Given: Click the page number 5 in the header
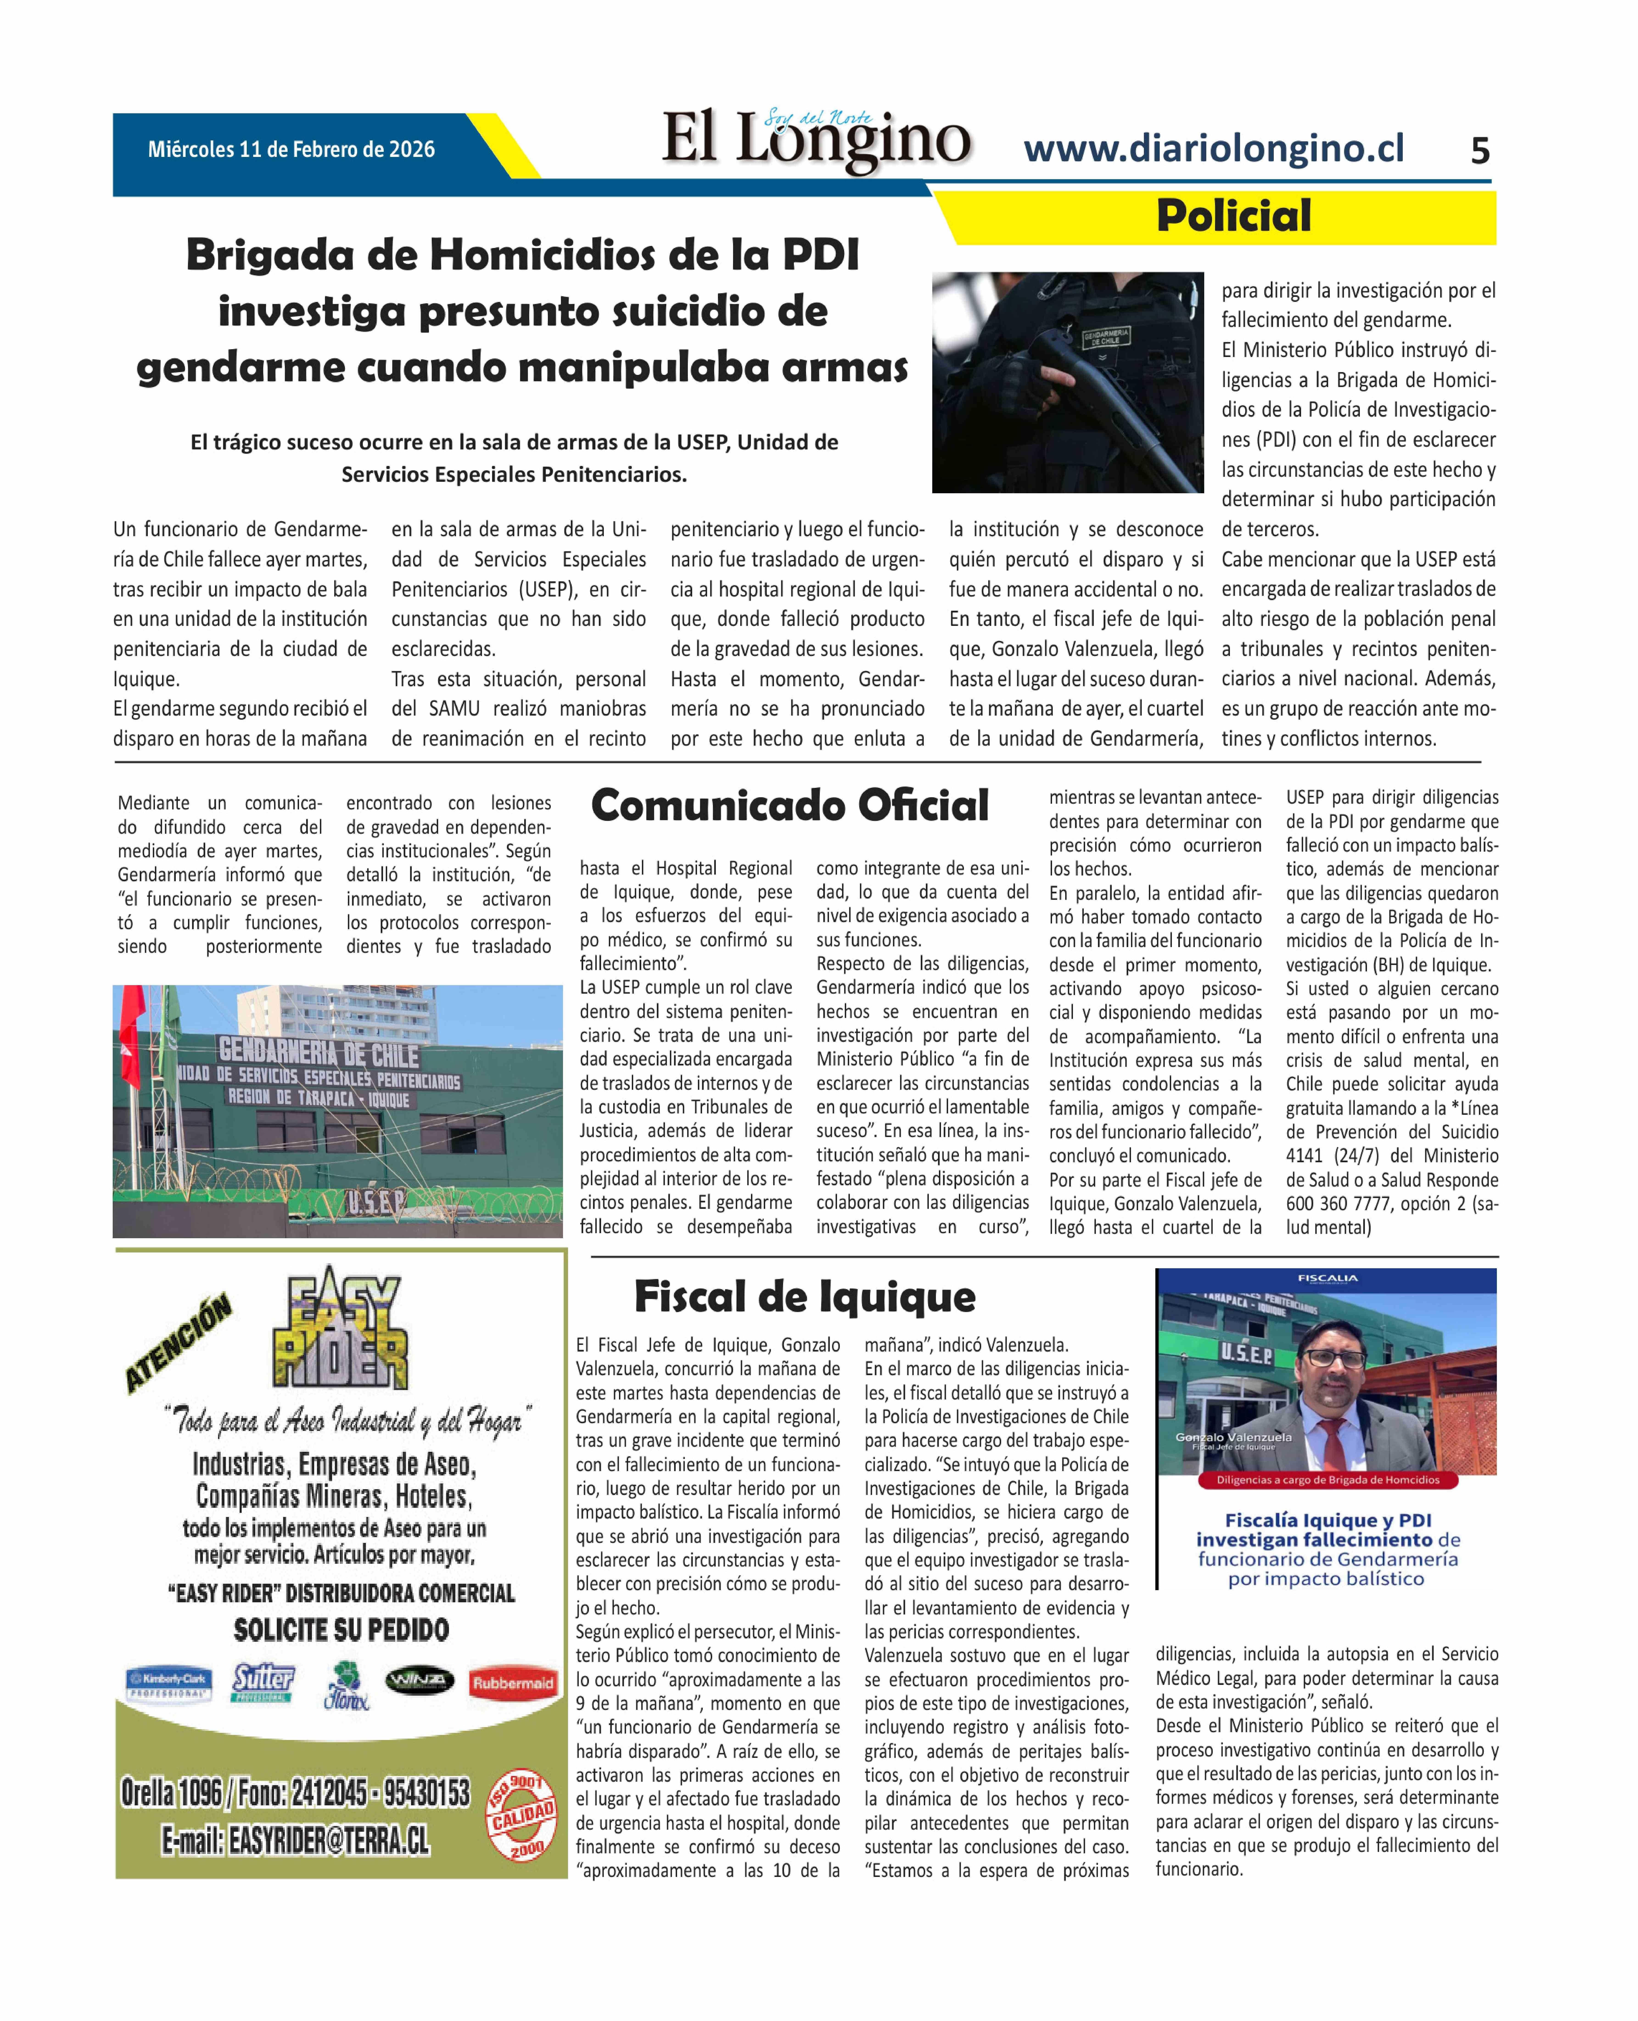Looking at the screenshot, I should pos(1479,151).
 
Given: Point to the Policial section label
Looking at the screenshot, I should pos(1233,216).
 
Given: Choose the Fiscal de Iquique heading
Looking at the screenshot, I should pos(805,1297).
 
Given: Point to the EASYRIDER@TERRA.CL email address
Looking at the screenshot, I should pos(295,1840).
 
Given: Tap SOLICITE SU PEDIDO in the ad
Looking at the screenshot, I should pos(341,1630).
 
